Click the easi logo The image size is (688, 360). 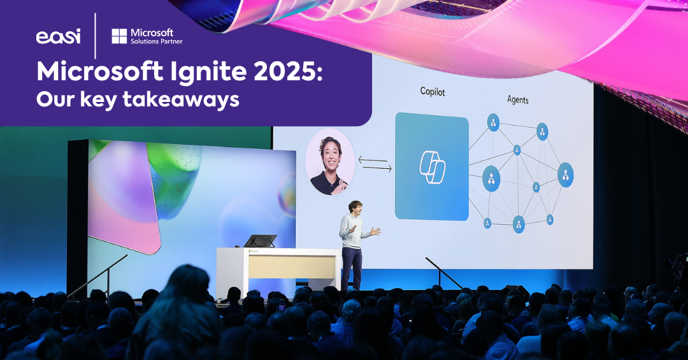58,36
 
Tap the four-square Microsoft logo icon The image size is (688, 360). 119,36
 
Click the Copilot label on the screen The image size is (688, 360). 433,92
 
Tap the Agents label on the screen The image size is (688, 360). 517,99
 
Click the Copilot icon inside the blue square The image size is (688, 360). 431,165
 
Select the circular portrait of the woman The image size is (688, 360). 330,162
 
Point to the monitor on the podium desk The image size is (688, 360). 260,241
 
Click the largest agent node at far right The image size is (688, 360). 565,175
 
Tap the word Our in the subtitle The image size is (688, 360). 55,100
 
